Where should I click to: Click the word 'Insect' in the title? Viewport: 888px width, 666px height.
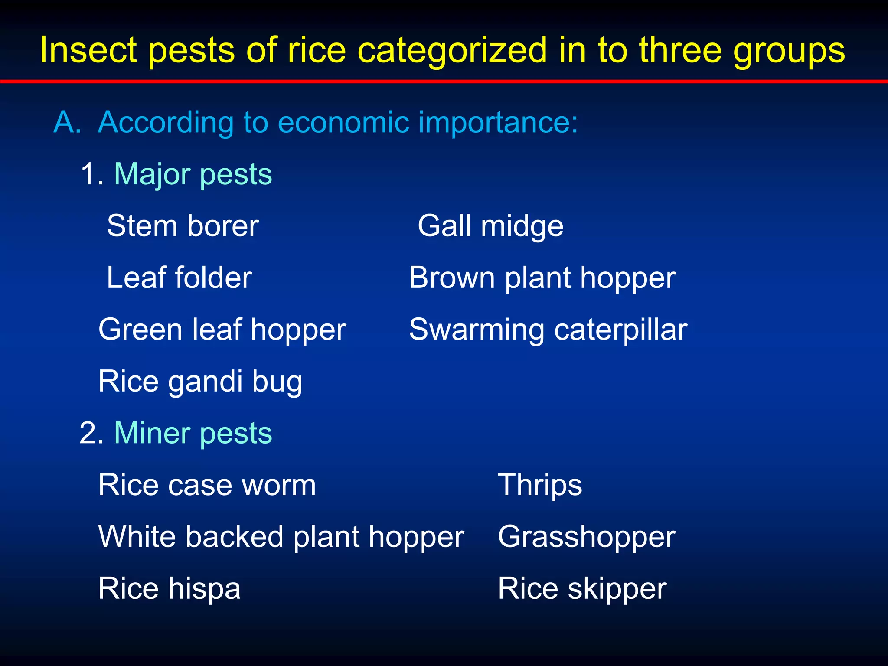point(88,50)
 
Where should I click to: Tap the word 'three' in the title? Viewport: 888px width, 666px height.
point(680,50)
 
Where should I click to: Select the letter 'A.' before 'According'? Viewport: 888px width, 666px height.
point(67,122)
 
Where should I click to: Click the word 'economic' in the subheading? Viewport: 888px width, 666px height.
point(343,122)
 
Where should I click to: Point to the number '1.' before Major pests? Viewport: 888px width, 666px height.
point(92,174)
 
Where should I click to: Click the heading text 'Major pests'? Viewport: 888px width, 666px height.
point(193,174)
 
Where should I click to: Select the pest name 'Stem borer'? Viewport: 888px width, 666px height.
point(183,226)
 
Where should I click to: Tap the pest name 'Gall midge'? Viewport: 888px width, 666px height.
point(490,226)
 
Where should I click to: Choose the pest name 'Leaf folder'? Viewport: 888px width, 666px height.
point(179,277)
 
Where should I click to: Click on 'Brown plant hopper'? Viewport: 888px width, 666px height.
point(542,277)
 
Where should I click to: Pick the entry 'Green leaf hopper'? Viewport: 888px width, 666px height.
point(222,330)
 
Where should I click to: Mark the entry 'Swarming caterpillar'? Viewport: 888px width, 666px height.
point(548,330)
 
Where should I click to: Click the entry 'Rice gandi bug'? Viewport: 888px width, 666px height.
point(200,381)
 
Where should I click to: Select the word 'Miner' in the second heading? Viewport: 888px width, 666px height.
point(152,433)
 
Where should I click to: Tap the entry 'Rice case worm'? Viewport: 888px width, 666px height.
point(207,485)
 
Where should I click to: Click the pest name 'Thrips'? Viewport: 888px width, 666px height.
point(540,485)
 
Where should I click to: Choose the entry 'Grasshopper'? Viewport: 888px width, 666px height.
point(586,537)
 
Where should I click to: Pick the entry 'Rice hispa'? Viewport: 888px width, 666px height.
point(169,588)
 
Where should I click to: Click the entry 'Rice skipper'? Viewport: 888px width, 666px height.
point(582,588)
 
